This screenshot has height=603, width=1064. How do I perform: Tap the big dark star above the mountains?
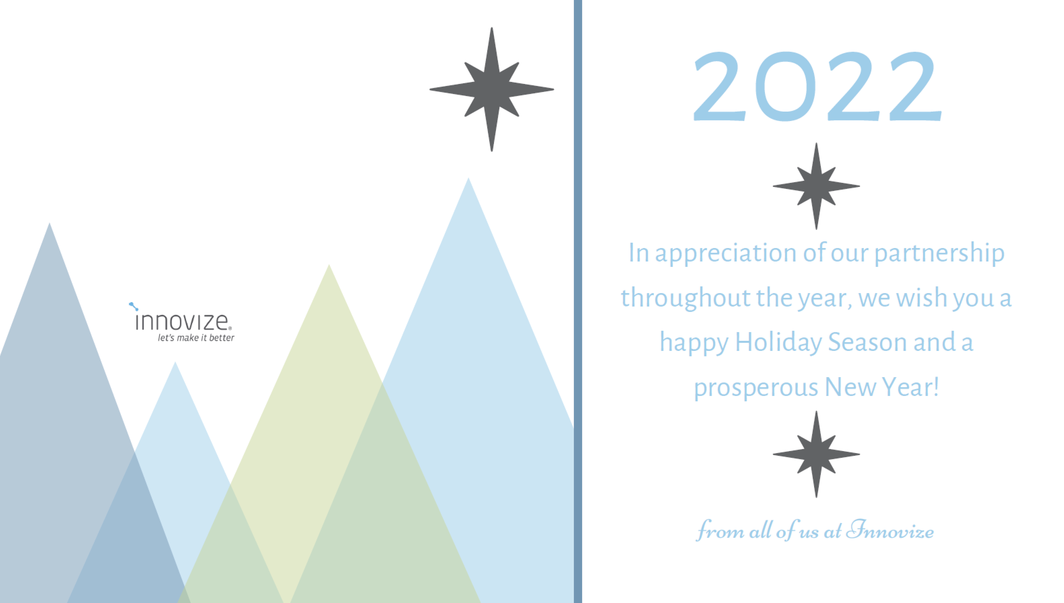pos(491,89)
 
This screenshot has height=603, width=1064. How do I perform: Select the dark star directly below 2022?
pos(816,186)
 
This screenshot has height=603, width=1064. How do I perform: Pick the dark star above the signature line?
pos(816,454)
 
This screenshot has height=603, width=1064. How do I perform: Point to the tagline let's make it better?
pos(196,338)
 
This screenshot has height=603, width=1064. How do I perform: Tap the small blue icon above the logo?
pos(133,306)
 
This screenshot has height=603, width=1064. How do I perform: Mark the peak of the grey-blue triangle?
pos(49,223)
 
